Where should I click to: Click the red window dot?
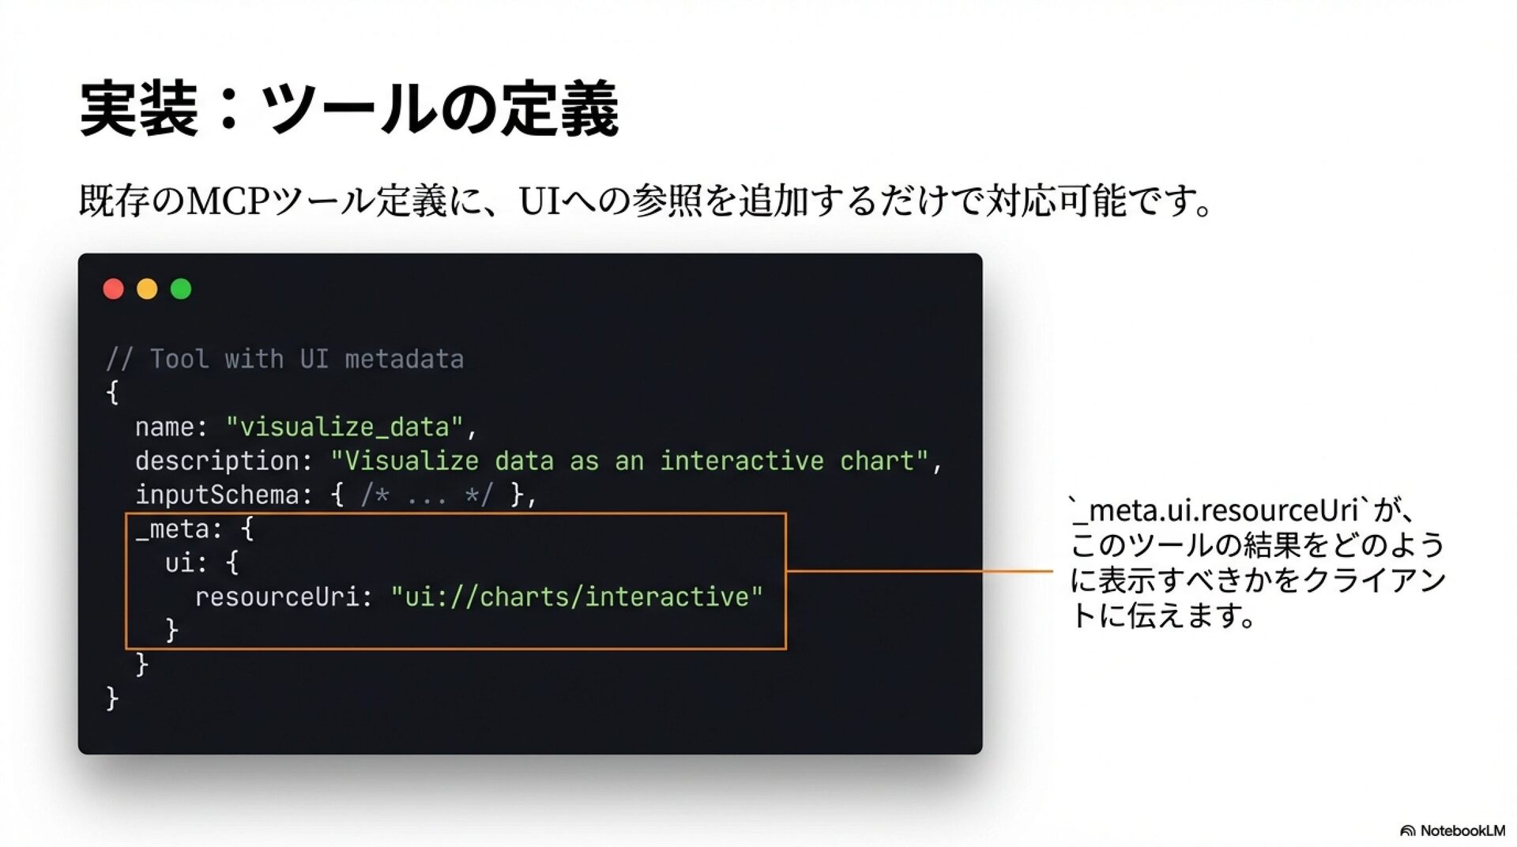[114, 289]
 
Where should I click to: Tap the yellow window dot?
[147, 289]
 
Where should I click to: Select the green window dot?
[181, 289]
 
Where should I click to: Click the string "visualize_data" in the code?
[344, 427]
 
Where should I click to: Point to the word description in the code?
[217, 461]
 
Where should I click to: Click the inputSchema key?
[217, 495]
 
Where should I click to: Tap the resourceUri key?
[277, 597]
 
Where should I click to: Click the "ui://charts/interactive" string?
[577, 597]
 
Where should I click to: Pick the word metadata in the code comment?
[404, 360]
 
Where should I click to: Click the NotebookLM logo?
[1452, 830]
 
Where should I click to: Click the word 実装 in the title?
[138, 109]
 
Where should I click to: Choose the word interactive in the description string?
[741, 461]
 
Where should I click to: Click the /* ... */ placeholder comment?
[427, 495]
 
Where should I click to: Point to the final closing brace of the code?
[112, 698]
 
